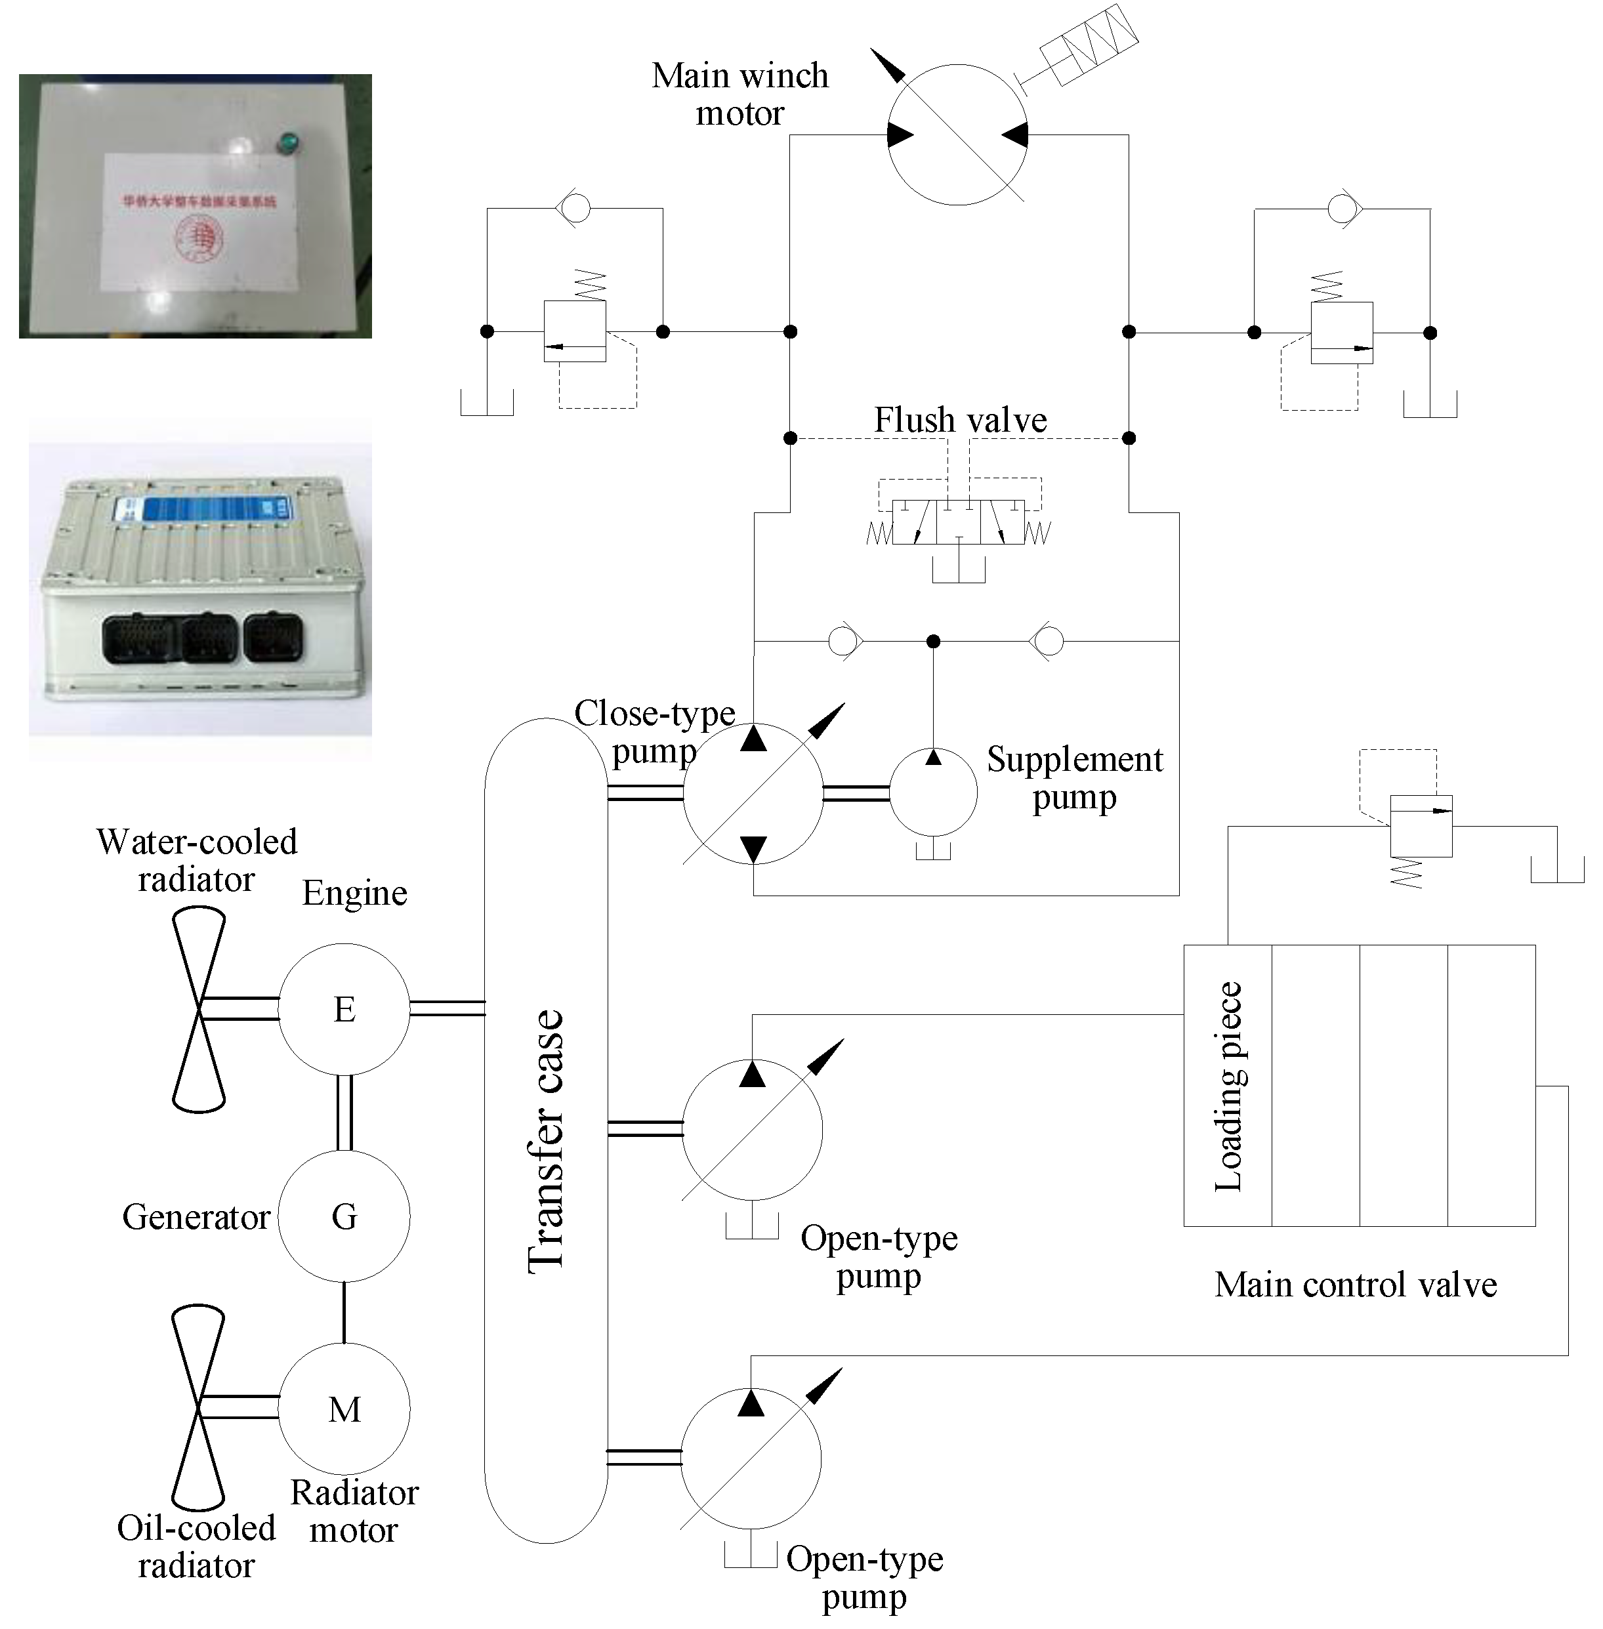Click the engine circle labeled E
tap(344, 1008)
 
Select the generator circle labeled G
tap(344, 1216)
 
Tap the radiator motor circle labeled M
tap(344, 1409)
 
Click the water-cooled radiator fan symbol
tap(199, 1010)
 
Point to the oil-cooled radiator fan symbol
tap(198, 1408)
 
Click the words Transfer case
tap(545, 1141)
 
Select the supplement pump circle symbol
tap(933, 792)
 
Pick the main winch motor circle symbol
tap(957, 134)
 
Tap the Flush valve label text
tap(960, 420)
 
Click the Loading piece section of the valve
tap(1228, 1085)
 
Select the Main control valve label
tap(1356, 1285)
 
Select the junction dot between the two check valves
tap(933, 642)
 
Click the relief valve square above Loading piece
tap(1421, 826)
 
